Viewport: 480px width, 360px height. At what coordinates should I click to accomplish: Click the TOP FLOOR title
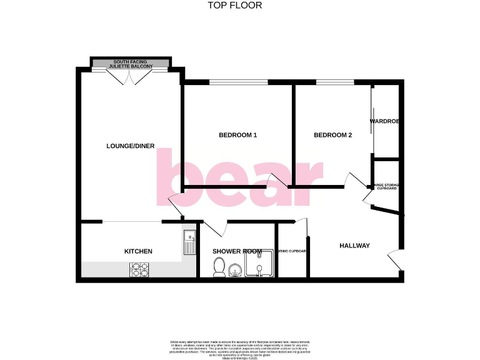point(234,6)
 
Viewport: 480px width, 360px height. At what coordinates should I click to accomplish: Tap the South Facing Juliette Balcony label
point(131,64)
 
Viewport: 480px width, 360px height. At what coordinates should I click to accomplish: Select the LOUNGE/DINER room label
point(131,146)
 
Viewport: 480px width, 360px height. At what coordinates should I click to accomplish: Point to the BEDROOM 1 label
point(237,135)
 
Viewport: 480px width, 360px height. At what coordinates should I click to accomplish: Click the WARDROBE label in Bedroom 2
point(384,121)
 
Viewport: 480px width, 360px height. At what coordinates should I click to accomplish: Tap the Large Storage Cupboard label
point(386,186)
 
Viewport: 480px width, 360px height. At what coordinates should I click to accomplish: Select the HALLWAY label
point(354,246)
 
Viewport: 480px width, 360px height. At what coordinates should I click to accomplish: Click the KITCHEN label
point(138,251)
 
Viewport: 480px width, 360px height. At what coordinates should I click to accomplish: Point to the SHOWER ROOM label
point(237,251)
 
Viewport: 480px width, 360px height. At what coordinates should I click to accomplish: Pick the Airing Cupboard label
point(292,251)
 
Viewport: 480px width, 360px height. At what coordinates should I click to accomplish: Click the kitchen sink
point(189,242)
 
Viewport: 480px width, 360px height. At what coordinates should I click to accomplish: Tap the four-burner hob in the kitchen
point(139,269)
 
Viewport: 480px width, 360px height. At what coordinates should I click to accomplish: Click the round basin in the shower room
point(236,269)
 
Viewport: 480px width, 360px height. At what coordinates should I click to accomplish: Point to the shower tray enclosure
point(260,264)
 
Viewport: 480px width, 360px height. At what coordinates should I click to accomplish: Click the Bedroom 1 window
point(238,82)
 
